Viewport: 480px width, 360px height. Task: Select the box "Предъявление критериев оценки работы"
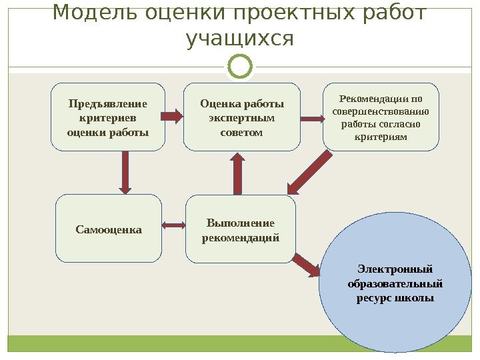pyautogui.click(x=108, y=117)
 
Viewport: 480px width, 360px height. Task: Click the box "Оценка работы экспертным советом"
pyautogui.click(x=241, y=117)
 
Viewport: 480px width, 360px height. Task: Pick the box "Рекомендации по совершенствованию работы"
pyautogui.click(x=381, y=117)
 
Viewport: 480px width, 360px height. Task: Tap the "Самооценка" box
pyautogui.click(x=108, y=229)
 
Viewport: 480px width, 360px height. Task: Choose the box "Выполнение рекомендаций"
pyautogui.click(x=240, y=229)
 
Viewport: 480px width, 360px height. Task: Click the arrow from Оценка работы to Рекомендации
pyautogui.click(x=311, y=118)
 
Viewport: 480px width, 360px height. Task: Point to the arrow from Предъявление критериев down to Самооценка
pyautogui.click(x=125, y=172)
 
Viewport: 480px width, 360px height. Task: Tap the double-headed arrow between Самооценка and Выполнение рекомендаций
pyautogui.click(x=173, y=225)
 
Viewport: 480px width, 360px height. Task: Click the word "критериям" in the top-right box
pyautogui.click(x=383, y=136)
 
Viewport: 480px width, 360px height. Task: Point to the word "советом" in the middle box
pyautogui.click(x=241, y=132)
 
